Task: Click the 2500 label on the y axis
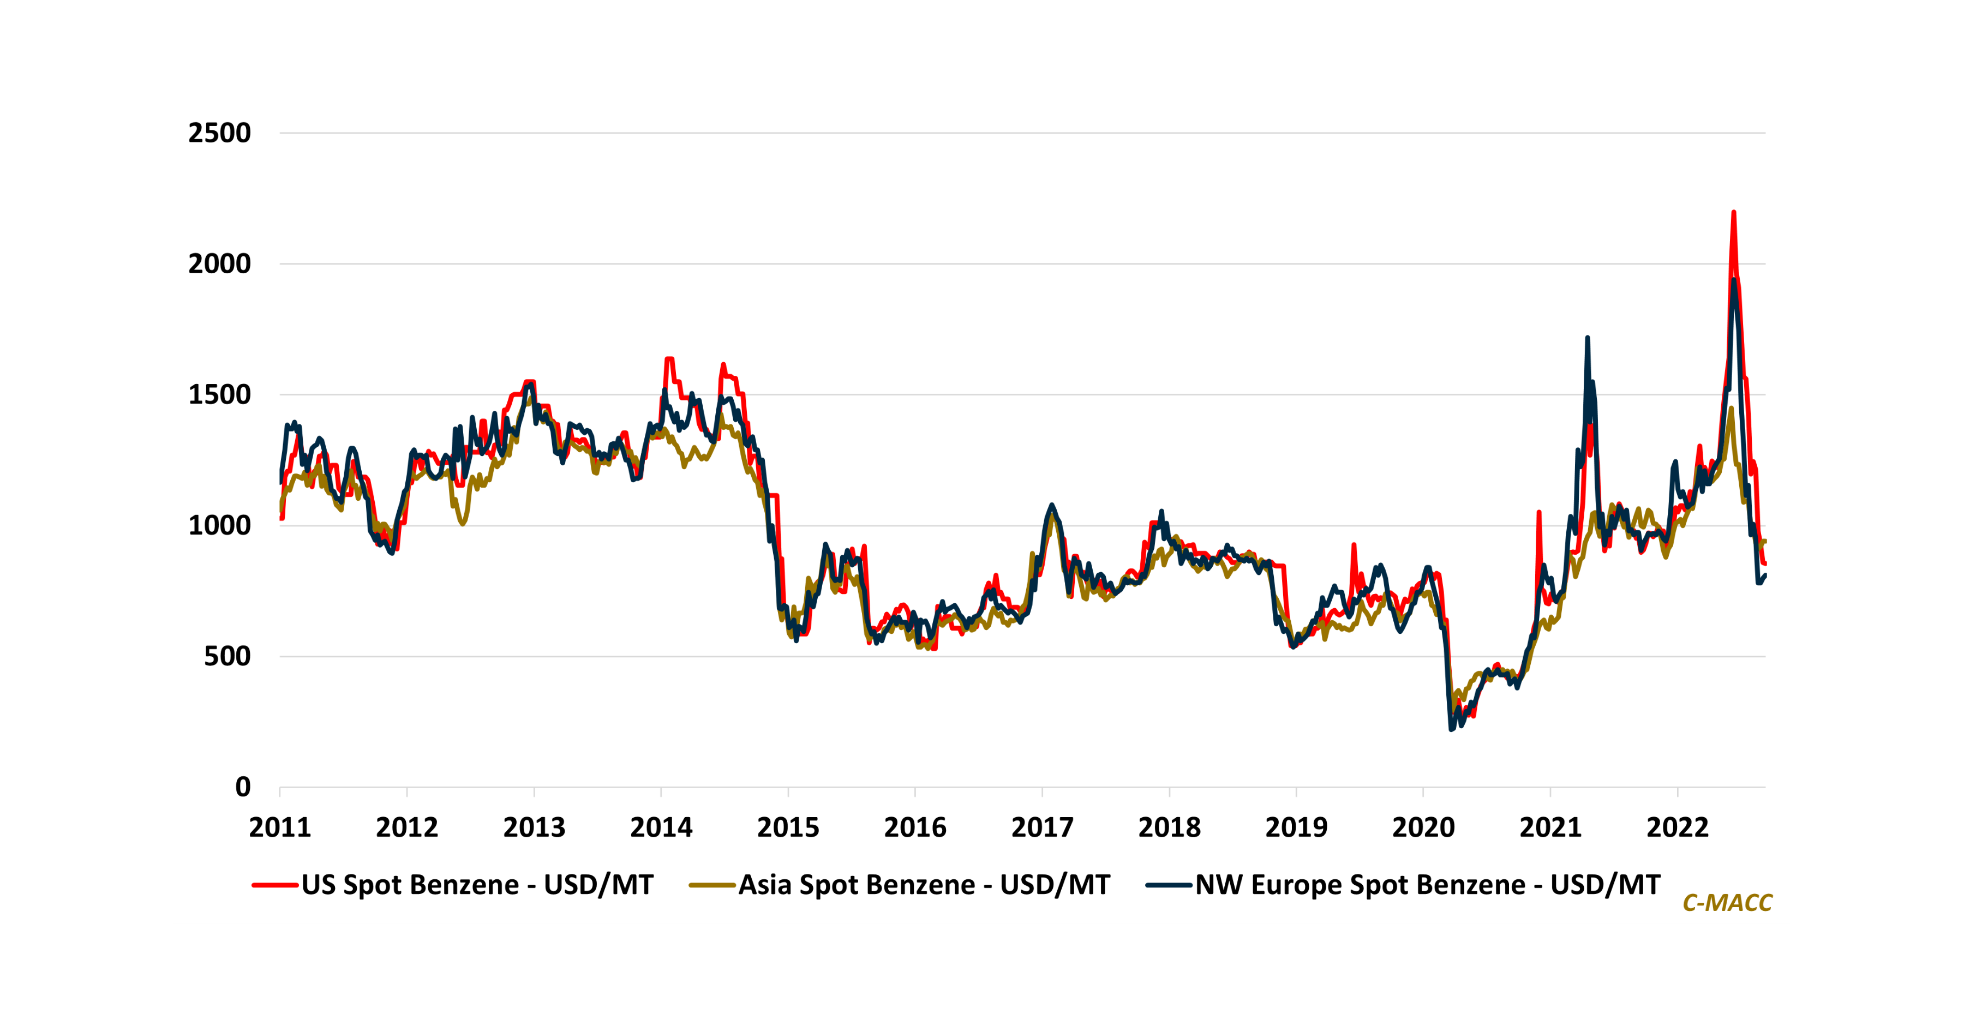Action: coord(219,134)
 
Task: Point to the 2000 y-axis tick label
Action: coord(219,264)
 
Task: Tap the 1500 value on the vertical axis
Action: coord(219,395)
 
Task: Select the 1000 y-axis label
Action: coord(219,525)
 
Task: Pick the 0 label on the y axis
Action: coord(242,787)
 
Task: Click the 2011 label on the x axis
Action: coord(280,827)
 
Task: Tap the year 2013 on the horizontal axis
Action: coord(534,827)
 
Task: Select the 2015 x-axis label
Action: coord(788,827)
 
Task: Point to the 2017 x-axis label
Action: coord(1041,827)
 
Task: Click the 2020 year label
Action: coord(1423,827)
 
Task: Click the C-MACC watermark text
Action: coord(1727,903)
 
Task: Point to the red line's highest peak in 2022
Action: coord(1734,213)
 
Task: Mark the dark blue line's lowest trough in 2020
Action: coord(1451,729)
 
